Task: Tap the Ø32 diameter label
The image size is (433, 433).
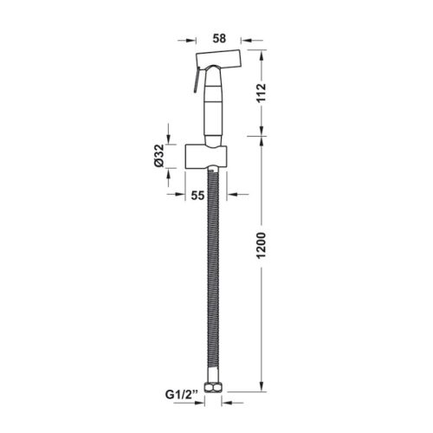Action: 159,155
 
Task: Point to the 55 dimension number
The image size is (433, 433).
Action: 198,196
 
